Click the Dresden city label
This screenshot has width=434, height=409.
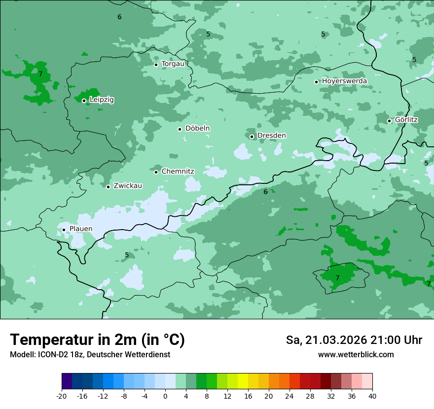point(271,136)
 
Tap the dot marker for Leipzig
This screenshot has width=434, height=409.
point(84,101)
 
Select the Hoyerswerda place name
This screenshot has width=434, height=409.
point(344,81)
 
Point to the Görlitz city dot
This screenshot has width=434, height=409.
point(389,121)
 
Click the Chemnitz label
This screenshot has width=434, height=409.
point(178,171)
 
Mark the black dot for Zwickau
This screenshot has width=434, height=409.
point(108,187)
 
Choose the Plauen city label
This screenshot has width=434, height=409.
point(80,229)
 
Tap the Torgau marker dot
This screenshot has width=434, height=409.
point(156,65)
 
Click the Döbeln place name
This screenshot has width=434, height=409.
point(197,128)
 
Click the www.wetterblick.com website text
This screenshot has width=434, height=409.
point(356,355)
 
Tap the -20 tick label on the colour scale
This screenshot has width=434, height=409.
point(62,396)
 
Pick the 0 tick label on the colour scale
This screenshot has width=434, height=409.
point(165,396)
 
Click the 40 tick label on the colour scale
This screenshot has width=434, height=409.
point(372,396)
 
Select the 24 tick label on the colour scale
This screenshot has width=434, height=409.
point(289,396)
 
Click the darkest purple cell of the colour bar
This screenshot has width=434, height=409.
point(67,381)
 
